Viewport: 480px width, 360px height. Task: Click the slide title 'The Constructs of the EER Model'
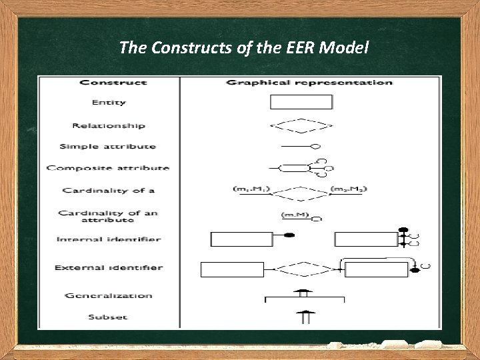[x=244, y=47]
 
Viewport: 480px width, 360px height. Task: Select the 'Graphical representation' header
[x=309, y=83]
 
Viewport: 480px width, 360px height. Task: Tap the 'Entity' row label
[x=109, y=103]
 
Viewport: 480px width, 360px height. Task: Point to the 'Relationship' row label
[x=109, y=125]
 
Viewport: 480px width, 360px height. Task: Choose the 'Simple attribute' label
[x=107, y=147]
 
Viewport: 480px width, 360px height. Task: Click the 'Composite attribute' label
[x=108, y=168]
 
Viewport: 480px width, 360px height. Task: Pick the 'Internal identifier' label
[x=109, y=239]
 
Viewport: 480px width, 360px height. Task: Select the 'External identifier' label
[x=109, y=268]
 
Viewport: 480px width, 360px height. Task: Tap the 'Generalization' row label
[x=109, y=295]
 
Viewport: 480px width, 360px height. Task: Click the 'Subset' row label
[x=108, y=317]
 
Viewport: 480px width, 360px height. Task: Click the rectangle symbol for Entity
[x=301, y=102]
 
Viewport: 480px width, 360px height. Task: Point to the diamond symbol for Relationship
[x=301, y=125]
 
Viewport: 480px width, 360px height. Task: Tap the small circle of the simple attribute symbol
[x=316, y=146]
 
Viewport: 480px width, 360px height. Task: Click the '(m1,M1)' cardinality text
[x=251, y=189]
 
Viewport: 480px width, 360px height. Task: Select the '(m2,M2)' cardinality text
[x=349, y=189]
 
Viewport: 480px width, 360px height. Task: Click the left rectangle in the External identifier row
[x=232, y=269]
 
